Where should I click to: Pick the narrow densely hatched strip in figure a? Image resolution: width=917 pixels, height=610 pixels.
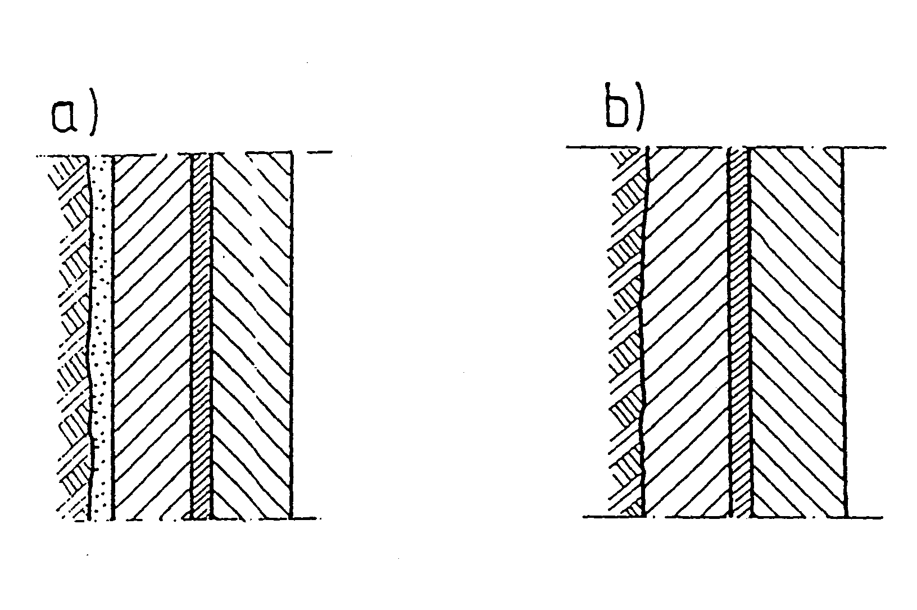tap(201, 337)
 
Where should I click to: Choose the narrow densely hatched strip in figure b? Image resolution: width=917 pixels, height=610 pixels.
tap(740, 332)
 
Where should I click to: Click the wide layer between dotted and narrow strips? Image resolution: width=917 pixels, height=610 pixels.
tap(152, 337)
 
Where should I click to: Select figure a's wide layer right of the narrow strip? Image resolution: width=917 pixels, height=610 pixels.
tap(252, 336)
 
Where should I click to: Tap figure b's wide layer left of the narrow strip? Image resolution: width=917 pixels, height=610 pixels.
tap(687, 332)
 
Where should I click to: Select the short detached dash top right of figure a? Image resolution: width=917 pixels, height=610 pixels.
tap(320, 152)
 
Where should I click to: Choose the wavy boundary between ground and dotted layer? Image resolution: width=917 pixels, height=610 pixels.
tap(90, 338)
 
